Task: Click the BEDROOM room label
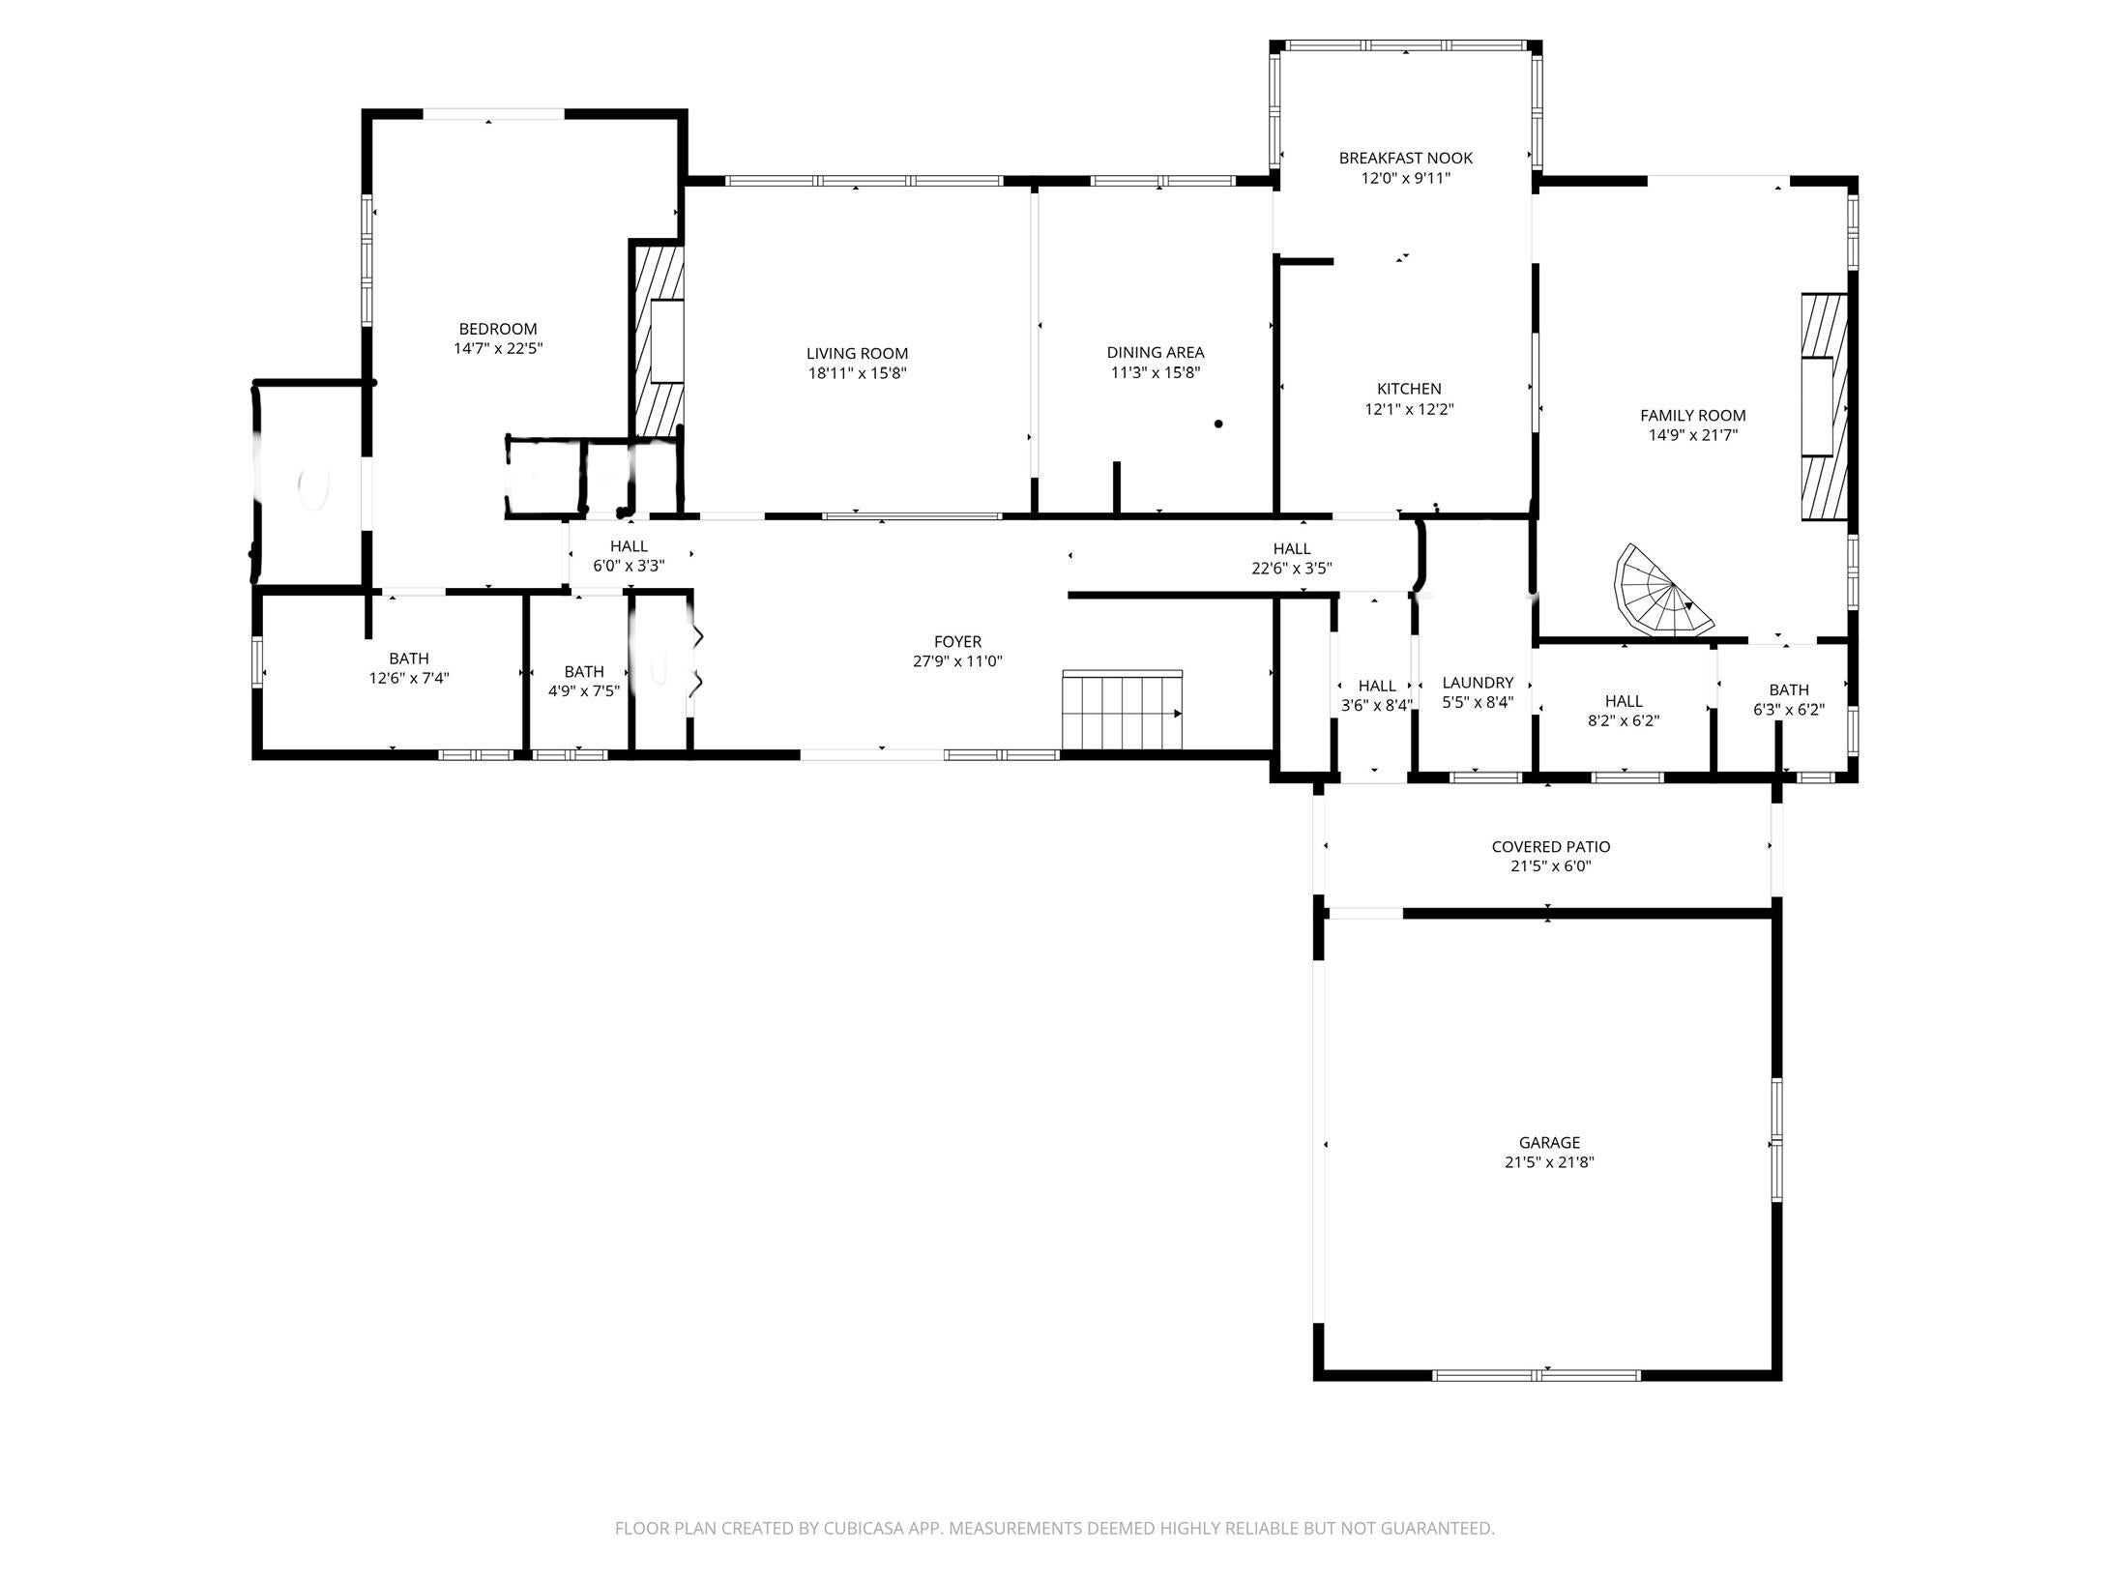[498, 329]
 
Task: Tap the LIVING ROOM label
[858, 354]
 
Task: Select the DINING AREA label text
[1156, 353]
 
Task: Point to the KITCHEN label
[1409, 390]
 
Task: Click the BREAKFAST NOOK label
[1406, 158]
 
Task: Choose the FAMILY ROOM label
[1693, 416]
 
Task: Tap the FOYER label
[957, 642]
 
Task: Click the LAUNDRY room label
[1478, 683]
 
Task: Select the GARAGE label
[1549, 1143]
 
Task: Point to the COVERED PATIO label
[1551, 847]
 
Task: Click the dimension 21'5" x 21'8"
[1549, 1162]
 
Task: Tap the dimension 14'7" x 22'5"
[498, 348]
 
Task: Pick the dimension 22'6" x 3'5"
[1292, 569]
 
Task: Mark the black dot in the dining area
[1218, 424]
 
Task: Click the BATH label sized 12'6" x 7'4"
[409, 659]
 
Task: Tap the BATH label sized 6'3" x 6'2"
[1789, 690]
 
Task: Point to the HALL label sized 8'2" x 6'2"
[1624, 702]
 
